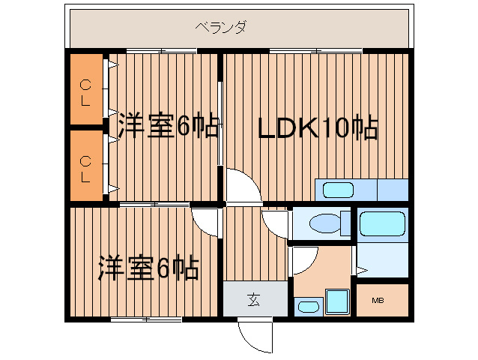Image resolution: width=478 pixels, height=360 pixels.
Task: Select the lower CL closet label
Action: coord(86,167)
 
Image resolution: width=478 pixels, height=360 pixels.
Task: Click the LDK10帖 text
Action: coord(317,128)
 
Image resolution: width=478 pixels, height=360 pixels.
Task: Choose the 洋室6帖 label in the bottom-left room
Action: coord(148,267)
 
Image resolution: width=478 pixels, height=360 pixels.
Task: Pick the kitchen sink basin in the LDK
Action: coord(338,190)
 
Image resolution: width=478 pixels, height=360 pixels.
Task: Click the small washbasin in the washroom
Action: coord(307,306)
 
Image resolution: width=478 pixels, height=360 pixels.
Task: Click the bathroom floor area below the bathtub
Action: coord(382,259)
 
